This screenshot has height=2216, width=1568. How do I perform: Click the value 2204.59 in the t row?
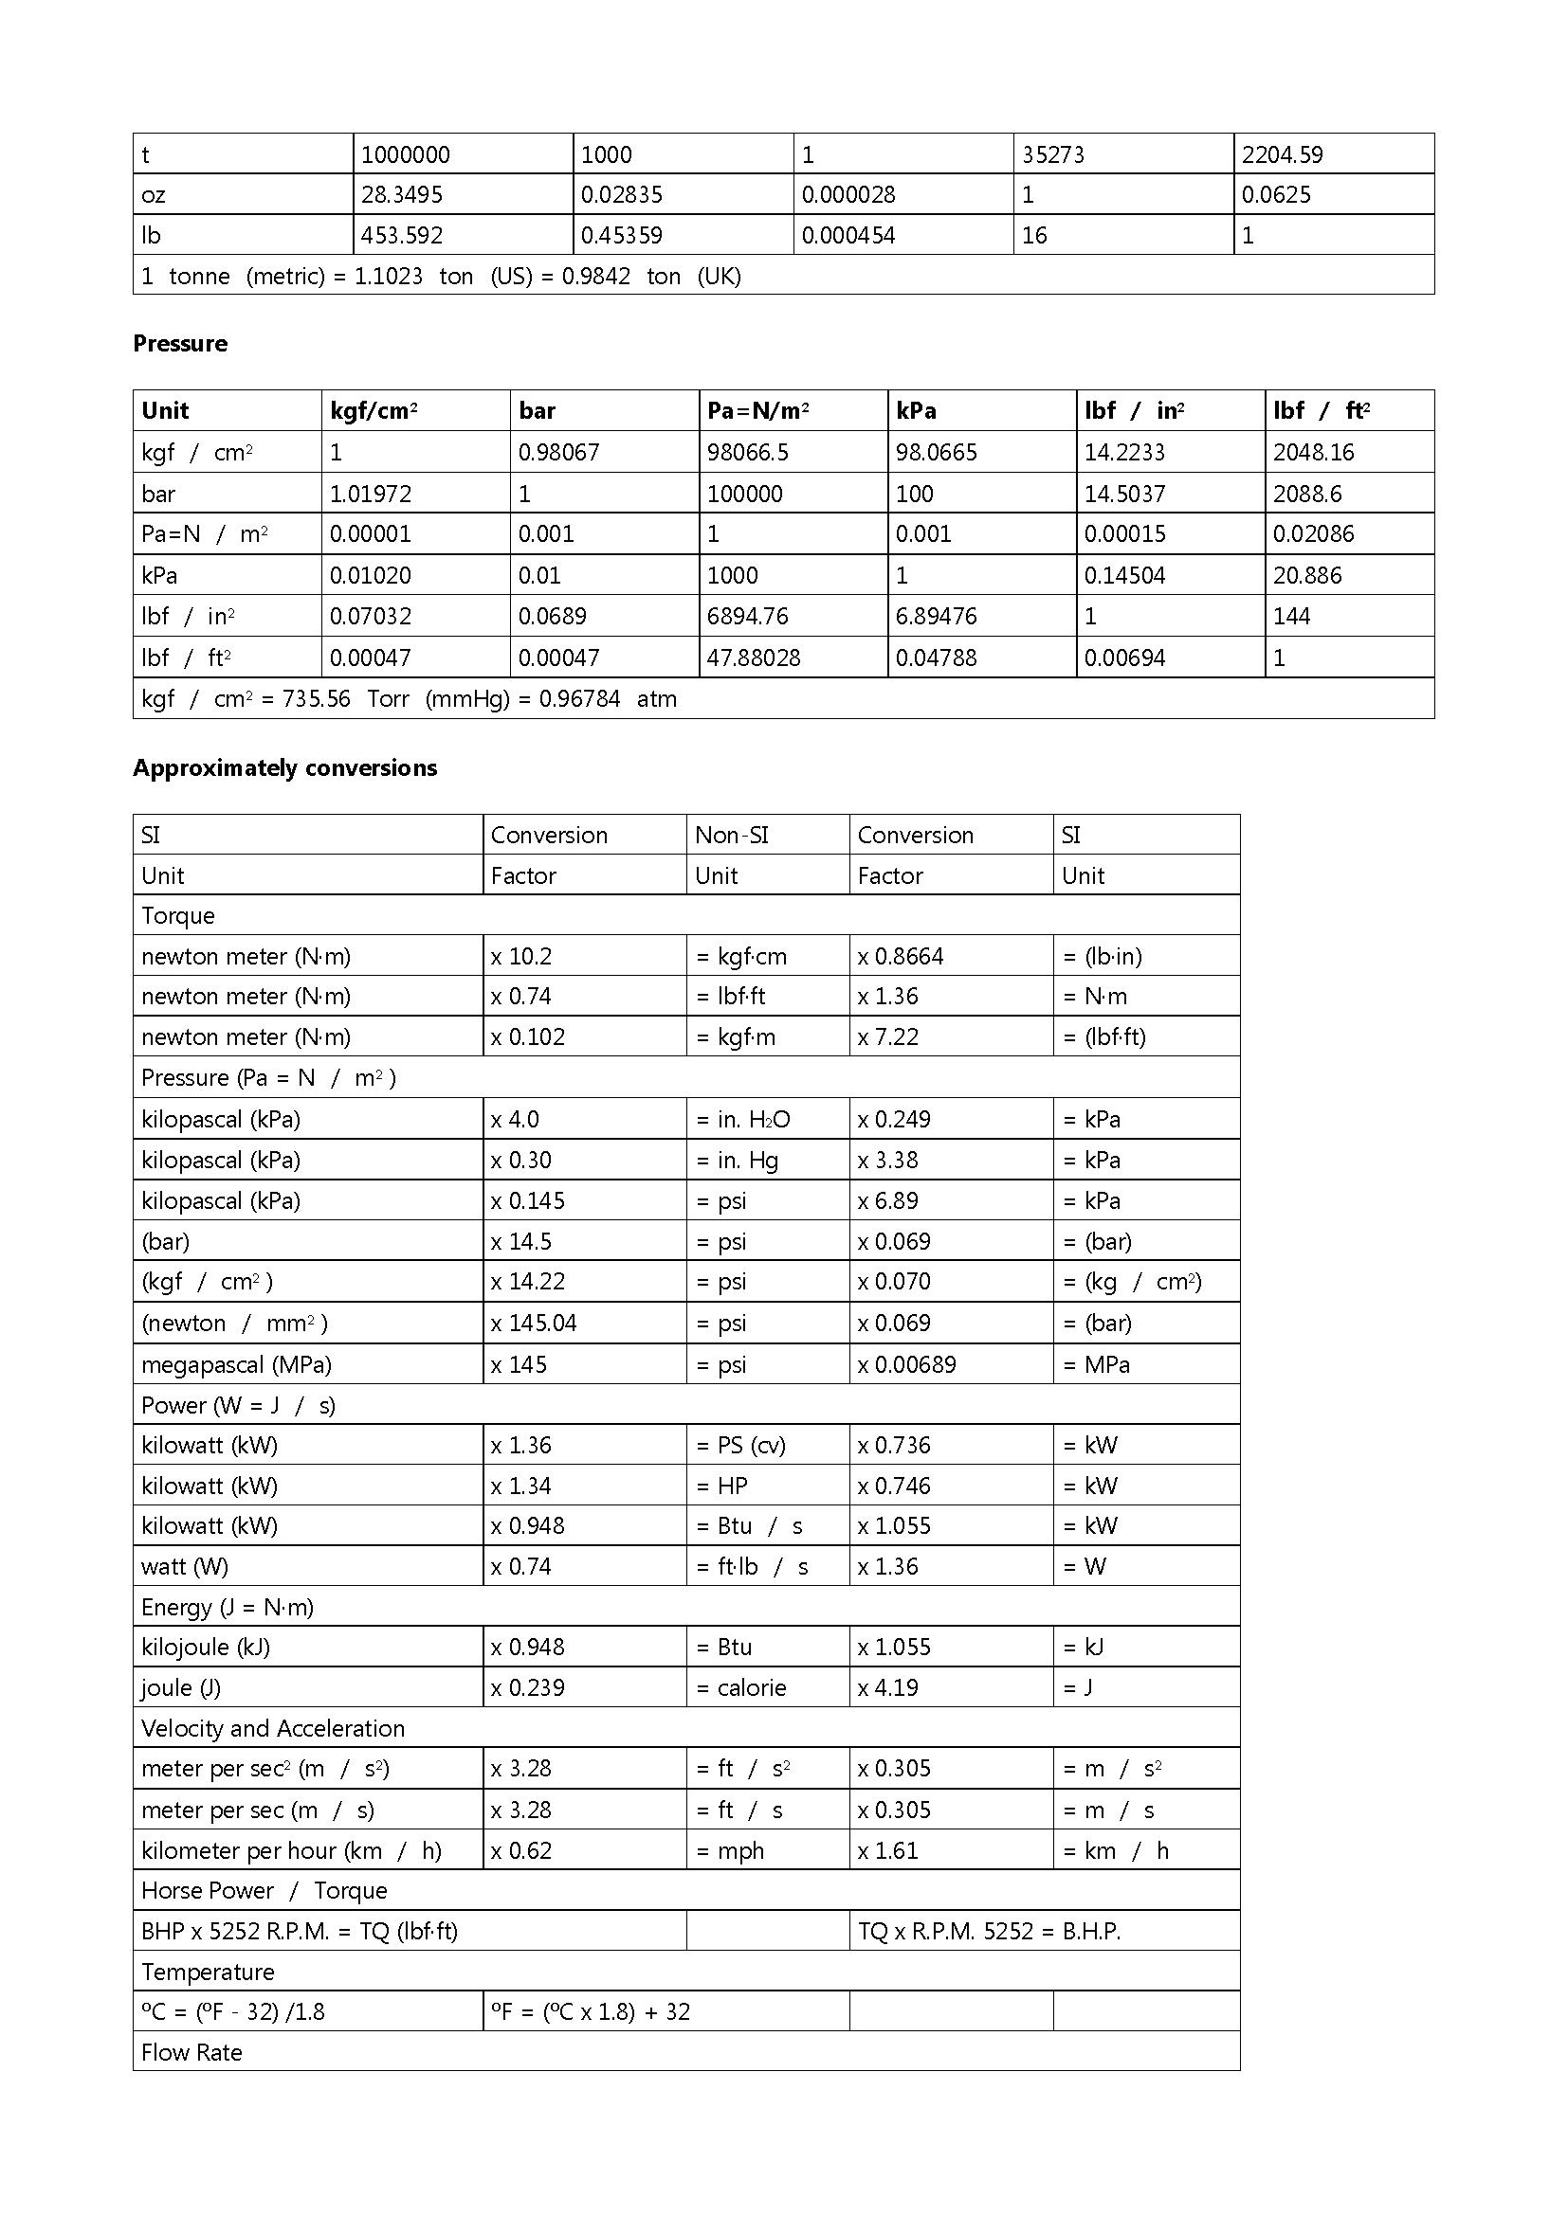click(x=1282, y=154)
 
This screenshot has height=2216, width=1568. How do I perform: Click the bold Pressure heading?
click(x=179, y=344)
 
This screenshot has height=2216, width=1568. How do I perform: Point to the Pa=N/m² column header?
click(x=758, y=411)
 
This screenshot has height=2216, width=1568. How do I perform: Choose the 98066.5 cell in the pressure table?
click(x=747, y=453)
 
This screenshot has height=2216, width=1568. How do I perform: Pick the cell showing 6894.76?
click(x=747, y=617)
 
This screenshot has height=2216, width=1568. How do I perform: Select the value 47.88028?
click(x=753, y=658)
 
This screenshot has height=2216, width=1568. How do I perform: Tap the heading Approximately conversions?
click(x=284, y=768)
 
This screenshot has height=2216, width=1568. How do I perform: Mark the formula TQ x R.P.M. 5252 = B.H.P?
click(x=989, y=1932)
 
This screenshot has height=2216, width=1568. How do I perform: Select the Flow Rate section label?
click(x=191, y=2053)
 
